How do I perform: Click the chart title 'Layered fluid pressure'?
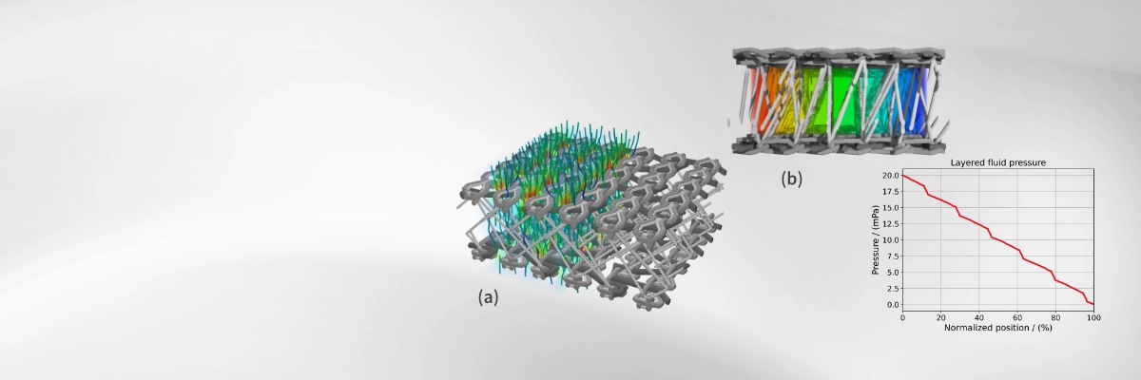click(x=997, y=162)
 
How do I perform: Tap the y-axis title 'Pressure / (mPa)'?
click(x=876, y=239)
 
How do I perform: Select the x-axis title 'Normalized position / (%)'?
click(x=997, y=328)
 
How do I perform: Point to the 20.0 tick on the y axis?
click(x=891, y=176)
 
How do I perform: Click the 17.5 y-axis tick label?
click(x=891, y=192)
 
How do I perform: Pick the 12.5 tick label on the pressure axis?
click(x=891, y=224)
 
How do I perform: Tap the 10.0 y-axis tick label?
click(x=891, y=240)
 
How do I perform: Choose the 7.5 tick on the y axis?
click(x=893, y=256)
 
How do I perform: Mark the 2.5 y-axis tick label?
click(x=893, y=289)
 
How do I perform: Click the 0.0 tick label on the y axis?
click(x=893, y=305)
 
